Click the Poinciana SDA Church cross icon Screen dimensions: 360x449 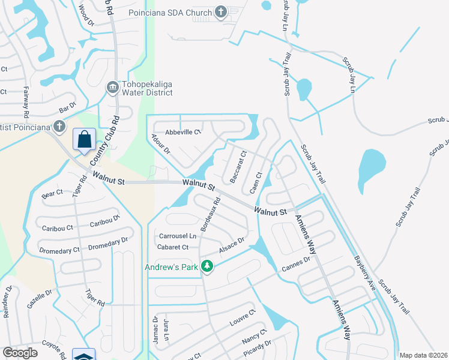(x=221, y=12)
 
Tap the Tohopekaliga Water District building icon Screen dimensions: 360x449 (x=112, y=88)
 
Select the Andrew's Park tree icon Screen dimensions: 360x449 (x=207, y=266)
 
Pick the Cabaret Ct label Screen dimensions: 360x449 (x=173, y=247)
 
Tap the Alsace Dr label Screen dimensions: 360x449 (x=232, y=245)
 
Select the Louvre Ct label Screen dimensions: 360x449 (x=243, y=318)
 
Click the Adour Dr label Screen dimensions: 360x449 (x=161, y=144)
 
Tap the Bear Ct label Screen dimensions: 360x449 (x=52, y=194)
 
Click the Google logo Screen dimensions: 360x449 (x=20, y=353)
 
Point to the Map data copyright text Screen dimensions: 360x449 (x=423, y=355)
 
